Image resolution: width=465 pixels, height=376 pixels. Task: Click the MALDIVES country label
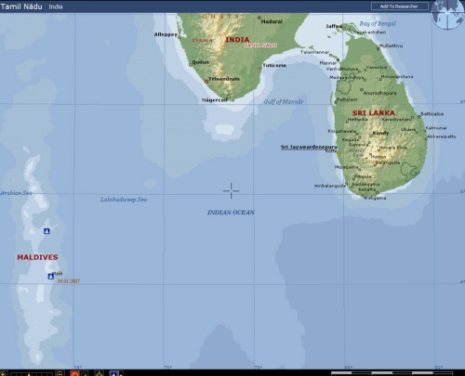coord(37,257)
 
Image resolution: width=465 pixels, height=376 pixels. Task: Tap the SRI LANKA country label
coord(375,112)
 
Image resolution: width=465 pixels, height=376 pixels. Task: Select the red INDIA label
coord(237,40)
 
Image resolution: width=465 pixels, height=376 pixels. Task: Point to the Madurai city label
coord(271,20)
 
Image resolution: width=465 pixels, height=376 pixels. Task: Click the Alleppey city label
coord(166,34)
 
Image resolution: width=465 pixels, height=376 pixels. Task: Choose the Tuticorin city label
coord(274,66)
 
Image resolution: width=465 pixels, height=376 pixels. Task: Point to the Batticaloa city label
coord(432,113)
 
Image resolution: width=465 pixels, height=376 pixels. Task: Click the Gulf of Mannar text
coord(283,101)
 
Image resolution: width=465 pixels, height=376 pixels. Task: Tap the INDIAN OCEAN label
coord(231,213)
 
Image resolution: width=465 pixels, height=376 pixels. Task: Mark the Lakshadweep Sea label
coord(124,199)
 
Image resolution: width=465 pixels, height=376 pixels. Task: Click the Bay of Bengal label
coord(378,22)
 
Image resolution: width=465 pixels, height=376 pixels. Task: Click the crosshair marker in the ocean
coord(231,189)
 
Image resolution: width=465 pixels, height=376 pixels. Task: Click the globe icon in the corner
coord(447,14)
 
